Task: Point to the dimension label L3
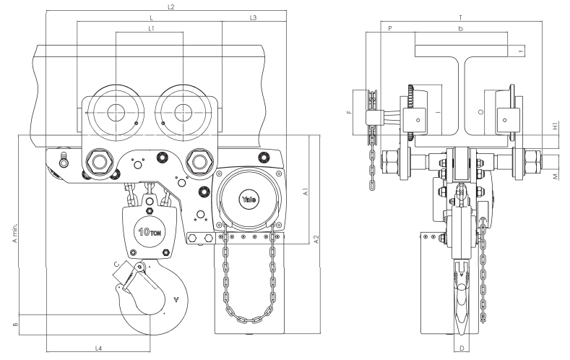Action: point(253,17)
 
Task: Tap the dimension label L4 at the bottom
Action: point(98,349)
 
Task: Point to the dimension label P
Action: point(389,28)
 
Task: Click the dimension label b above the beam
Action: point(460,28)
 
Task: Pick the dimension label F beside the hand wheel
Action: point(349,113)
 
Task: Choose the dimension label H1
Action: point(554,126)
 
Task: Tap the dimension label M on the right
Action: point(554,176)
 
